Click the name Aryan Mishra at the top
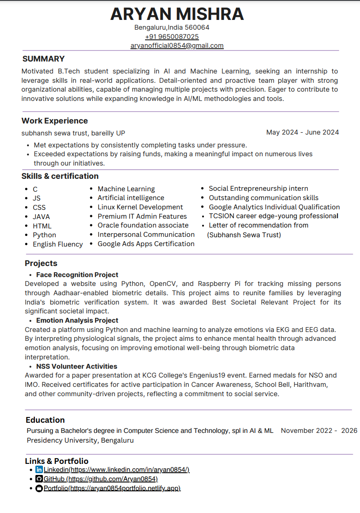point(177,14)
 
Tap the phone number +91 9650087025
point(172,37)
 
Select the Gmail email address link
point(177,46)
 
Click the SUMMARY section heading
point(43,59)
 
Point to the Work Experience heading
point(54,121)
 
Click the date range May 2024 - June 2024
point(303,132)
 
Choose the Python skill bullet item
point(44,235)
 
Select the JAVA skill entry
point(41,217)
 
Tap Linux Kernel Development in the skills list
point(140,207)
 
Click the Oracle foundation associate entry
point(143,225)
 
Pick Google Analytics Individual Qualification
point(274,207)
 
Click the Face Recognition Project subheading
point(77,275)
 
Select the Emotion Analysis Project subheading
point(77,320)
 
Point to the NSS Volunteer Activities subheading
point(77,366)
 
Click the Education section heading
point(45,420)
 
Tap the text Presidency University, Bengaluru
point(80,440)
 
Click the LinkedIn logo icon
point(39,470)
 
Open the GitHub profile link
point(100,479)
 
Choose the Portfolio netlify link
point(112,488)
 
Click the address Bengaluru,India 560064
point(172,27)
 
